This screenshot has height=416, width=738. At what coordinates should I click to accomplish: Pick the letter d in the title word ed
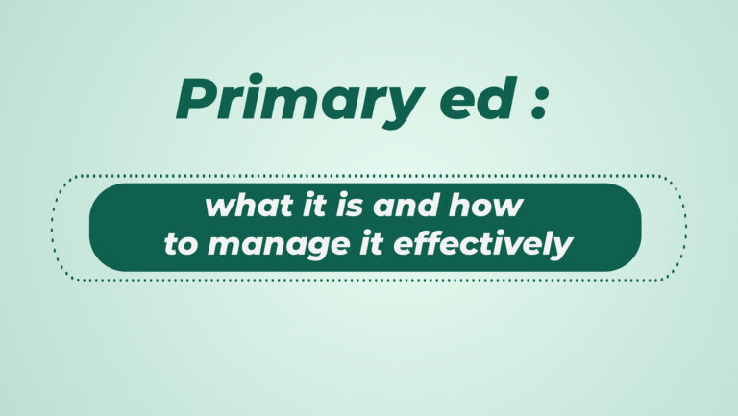click(x=497, y=98)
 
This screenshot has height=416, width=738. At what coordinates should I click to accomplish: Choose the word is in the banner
click(x=349, y=206)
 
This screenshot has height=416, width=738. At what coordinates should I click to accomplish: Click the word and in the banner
click(x=405, y=206)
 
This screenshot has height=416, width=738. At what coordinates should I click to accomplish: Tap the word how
click(x=484, y=206)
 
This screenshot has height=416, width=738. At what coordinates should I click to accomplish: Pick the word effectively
click(x=483, y=245)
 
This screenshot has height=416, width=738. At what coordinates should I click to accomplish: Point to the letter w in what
click(x=220, y=208)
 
